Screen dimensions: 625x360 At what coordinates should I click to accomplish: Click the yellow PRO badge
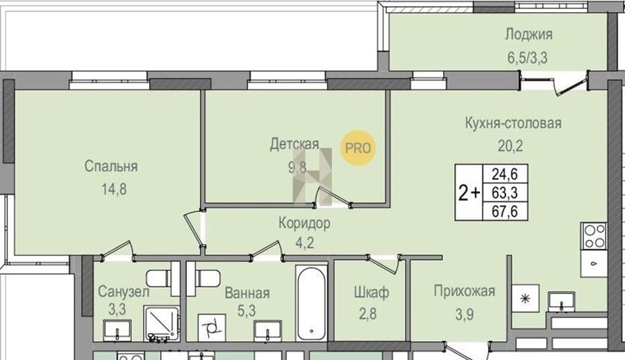(x=358, y=148)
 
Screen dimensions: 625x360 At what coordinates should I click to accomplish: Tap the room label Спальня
(x=111, y=166)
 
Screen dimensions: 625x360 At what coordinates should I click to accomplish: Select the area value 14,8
(x=114, y=189)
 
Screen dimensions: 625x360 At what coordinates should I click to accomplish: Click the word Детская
(x=294, y=144)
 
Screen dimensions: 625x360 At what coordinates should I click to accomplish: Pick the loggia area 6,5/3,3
(x=527, y=58)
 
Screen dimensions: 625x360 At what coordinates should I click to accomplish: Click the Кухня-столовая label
(x=513, y=123)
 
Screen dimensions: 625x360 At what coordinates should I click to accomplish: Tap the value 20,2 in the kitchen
(x=510, y=146)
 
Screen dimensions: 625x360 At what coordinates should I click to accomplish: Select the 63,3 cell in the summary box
(x=505, y=193)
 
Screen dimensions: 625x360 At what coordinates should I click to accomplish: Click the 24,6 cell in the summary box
(x=505, y=174)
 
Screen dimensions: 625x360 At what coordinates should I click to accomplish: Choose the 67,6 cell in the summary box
(x=505, y=211)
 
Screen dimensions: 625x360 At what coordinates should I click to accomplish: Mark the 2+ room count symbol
(x=469, y=194)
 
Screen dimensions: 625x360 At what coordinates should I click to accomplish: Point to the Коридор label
(x=304, y=223)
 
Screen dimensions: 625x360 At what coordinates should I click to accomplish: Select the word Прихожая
(x=465, y=291)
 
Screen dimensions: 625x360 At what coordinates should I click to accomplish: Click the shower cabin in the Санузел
(x=162, y=324)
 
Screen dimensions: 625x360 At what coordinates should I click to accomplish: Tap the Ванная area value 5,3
(x=247, y=310)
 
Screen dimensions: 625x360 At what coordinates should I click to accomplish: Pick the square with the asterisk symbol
(x=526, y=298)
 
